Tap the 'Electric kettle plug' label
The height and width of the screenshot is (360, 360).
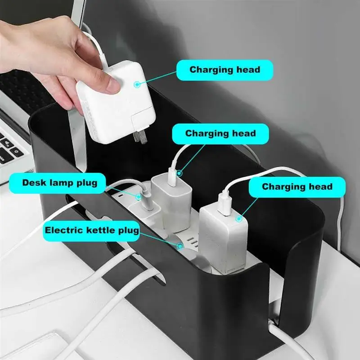click(92, 230)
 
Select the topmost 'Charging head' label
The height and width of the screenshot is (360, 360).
click(225, 70)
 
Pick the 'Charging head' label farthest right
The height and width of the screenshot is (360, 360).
click(297, 187)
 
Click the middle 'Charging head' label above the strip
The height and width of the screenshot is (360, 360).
click(220, 134)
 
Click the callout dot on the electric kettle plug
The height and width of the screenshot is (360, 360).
click(180, 246)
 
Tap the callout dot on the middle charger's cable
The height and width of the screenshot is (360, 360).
click(180, 171)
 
